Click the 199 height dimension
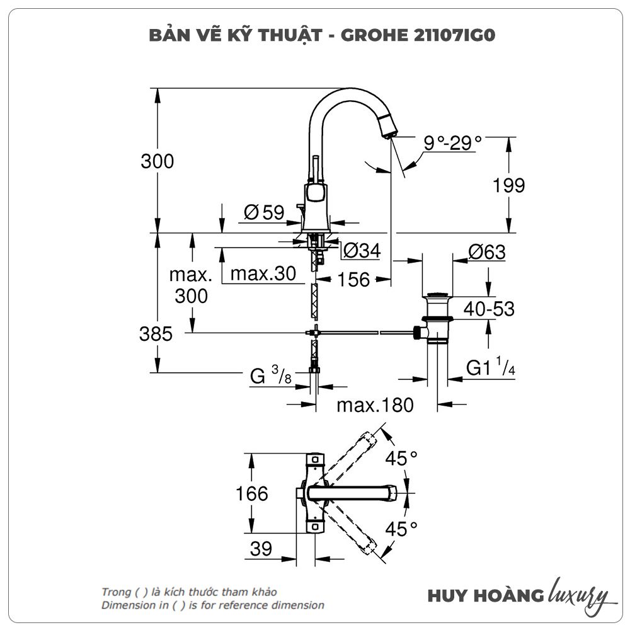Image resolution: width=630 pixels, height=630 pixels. click(509, 186)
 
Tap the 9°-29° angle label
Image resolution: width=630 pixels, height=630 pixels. click(452, 143)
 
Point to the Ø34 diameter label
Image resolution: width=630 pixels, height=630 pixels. click(361, 251)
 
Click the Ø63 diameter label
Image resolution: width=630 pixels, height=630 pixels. click(486, 252)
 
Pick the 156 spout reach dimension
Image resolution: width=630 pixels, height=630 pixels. click(351, 279)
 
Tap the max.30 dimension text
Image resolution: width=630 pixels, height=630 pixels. click(263, 273)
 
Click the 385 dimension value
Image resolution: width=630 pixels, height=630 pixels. click(156, 334)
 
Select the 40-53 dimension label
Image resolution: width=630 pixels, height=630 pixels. click(489, 309)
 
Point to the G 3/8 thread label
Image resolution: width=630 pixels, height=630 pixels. click(270, 377)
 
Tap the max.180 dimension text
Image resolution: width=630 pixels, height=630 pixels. click(375, 404)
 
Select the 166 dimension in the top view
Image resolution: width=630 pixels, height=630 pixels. click(252, 493)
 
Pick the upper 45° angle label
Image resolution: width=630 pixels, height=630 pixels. click(402, 458)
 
